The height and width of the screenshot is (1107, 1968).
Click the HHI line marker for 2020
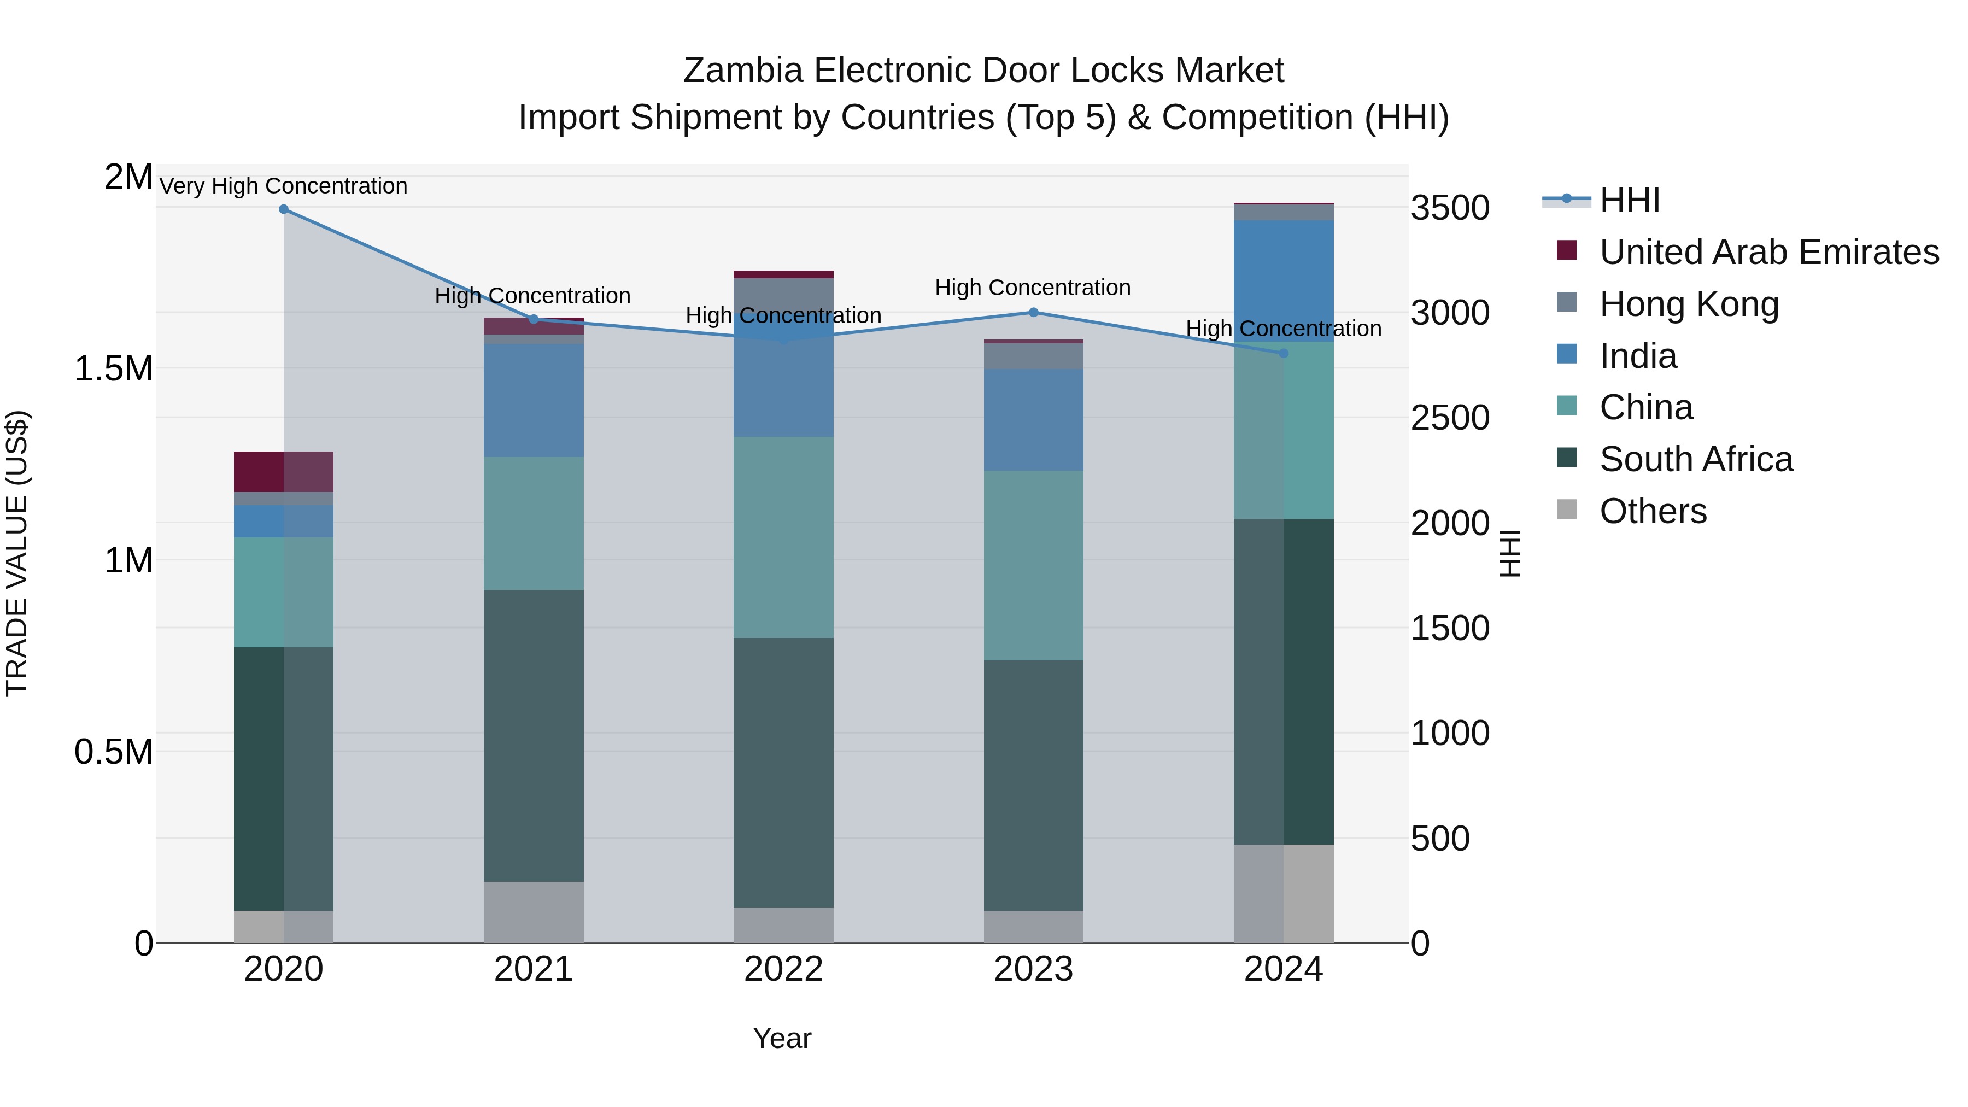click(x=283, y=209)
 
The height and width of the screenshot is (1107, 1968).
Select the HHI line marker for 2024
click(x=1284, y=353)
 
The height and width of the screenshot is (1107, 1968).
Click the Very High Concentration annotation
click(x=283, y=186)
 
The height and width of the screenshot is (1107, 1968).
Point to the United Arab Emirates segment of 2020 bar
click(x=283, y=471)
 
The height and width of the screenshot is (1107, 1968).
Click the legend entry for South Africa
click(x=1695, y=459)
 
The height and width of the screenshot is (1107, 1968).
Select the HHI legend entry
click(x=1629, y=200)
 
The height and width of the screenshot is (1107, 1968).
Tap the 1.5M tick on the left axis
click(x=113, y=369)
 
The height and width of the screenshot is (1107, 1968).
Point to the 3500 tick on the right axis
click(x=1450, y=208)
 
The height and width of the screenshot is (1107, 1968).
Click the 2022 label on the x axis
click(x=783, y=969)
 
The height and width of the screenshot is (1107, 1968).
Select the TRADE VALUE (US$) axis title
click(x=17, y=553)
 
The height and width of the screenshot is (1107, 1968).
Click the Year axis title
click(x=782, y=1038)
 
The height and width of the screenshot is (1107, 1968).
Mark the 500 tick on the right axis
click(x=1440, y=838)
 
